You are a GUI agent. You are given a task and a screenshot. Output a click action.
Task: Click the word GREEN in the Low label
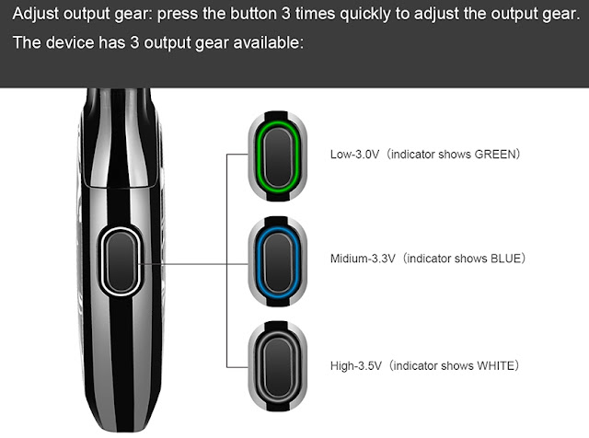click(496, 155)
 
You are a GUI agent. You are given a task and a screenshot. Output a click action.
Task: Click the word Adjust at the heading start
click(38, 16)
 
